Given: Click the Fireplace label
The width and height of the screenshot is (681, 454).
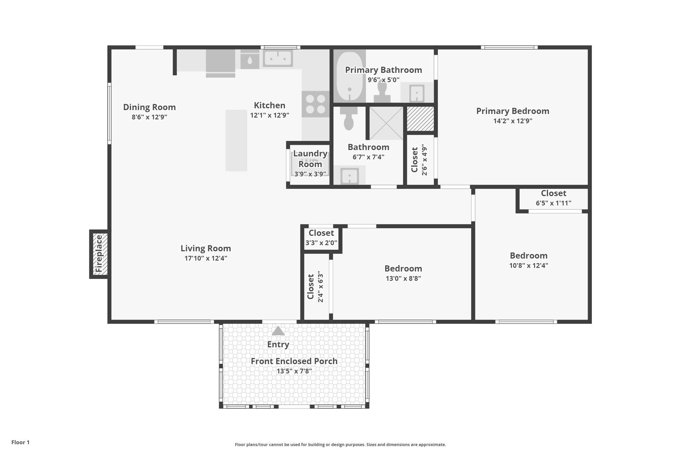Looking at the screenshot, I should tap(99, 254).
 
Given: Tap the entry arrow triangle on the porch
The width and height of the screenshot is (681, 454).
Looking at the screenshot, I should tap(278, 331).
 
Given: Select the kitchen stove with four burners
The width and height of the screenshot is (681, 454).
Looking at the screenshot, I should tap(316, 104).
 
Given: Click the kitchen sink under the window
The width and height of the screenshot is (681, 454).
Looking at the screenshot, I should tap(278, 59).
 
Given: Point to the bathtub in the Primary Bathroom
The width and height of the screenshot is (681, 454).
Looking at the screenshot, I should tap(349, 76).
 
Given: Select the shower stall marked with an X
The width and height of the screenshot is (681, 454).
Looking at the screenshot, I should tap(386, 123).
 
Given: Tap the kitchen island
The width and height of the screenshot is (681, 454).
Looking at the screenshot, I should tap(236, 140).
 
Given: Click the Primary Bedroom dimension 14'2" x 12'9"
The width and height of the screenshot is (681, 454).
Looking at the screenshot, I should tap(512, 121).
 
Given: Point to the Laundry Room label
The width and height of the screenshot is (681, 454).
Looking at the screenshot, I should tap(310, 159).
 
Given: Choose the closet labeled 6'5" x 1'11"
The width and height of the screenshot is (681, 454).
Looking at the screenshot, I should tap(553, 198).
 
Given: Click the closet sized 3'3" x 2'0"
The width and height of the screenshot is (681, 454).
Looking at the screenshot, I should tap(321, 238).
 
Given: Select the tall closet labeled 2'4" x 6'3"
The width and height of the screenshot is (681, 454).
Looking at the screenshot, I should tap(315, 287).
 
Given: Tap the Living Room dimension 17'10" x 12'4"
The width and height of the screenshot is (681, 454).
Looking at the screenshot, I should tap(206, 258).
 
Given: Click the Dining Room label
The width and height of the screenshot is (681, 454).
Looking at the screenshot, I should tap(149, 107).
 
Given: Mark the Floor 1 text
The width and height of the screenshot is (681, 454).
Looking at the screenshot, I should tap(20, 442).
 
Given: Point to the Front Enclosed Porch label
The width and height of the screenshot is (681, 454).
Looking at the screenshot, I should tap(294, 361).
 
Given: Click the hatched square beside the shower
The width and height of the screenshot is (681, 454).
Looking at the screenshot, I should tap(420, 119).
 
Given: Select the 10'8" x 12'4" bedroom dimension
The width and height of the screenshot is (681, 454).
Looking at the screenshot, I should tap(528, 266).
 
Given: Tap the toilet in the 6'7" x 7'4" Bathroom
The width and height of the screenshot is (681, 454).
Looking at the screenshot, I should tap(348, 119).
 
